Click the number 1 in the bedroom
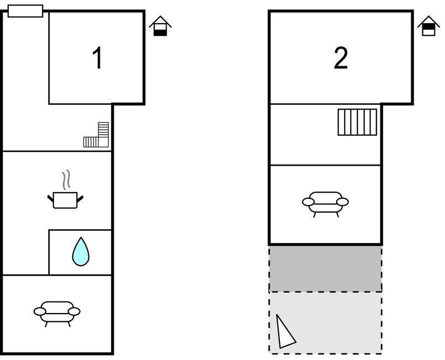coord(97,59)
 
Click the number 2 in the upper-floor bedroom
coord(341,59)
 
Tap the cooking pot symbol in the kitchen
coord(65,200)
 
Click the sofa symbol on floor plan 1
coord(57,313)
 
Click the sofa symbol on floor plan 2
coord(325,202)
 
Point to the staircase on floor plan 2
coord(357,122)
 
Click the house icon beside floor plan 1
coord(160,27)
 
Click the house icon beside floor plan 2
coord(428,27)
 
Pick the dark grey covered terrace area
coord(325,269)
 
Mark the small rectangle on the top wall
coord(25,11)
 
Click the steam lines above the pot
coord(66,180)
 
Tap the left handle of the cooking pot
coord(50,198)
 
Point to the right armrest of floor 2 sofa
coord(343,202)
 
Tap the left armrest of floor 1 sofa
coord(39,312)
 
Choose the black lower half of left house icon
coord(160,32)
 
